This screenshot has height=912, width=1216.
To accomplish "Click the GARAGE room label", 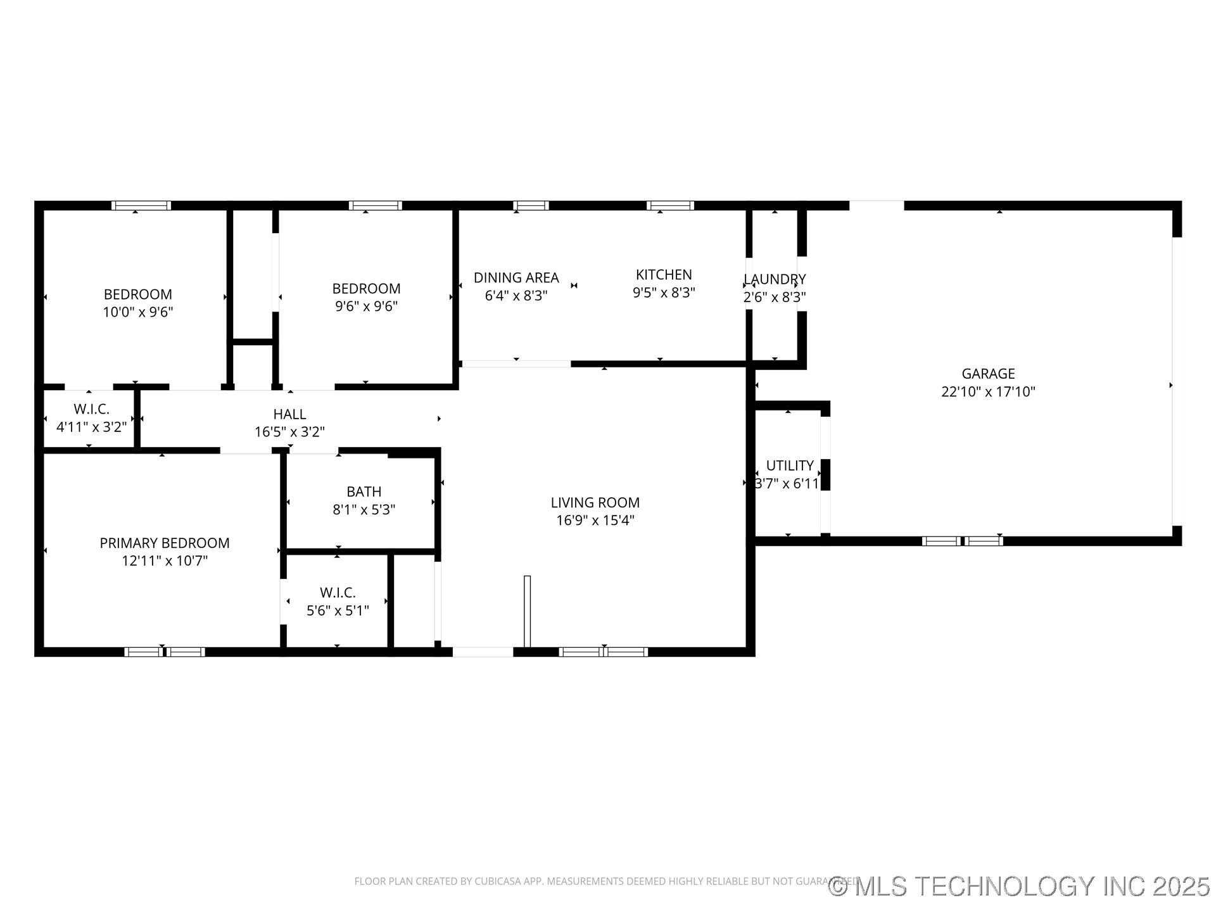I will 987,374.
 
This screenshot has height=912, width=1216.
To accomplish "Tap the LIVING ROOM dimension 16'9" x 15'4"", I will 595,521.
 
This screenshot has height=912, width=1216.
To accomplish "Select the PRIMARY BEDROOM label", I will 165,543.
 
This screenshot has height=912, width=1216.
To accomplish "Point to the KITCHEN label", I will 664,275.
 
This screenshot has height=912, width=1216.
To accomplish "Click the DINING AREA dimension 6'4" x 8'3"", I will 516,296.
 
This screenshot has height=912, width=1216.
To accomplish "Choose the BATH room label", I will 364,491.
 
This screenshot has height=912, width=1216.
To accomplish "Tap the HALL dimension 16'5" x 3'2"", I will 289,432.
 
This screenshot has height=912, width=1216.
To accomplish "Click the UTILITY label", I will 790,465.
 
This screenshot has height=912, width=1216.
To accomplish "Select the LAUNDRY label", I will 775,279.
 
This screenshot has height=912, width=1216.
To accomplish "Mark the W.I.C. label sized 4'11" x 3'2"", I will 91,409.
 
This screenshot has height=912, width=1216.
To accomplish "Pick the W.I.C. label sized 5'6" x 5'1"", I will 338,593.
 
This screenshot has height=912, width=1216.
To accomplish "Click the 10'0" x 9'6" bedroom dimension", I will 138,312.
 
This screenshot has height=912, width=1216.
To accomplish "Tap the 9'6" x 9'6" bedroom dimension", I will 366,307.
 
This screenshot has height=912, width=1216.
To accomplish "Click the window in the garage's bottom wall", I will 962,541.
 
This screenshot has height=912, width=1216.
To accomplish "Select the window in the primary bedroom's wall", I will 165,652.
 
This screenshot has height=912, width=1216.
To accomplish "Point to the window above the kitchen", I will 670,205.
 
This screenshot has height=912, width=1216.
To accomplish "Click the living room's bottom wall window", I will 604,652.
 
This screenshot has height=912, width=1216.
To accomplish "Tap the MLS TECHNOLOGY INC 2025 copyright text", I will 1020,886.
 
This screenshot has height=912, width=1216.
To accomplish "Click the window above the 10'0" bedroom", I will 141,205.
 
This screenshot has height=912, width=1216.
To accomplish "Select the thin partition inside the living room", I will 527,611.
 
